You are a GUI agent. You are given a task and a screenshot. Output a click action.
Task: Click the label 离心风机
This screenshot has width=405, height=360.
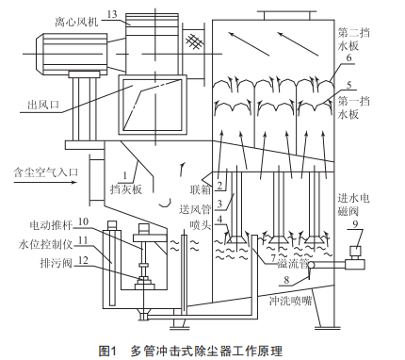pyautogui.click(x=76, y=22)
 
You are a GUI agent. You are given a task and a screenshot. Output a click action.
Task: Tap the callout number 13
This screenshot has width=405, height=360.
pyautogui.click(x=112, y=14)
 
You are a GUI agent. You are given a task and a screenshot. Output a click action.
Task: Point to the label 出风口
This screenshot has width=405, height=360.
pyautogui.click(x=43, y=105)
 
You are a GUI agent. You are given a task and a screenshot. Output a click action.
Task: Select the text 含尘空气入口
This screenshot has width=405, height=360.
pyautogui.click(x=45, y=172)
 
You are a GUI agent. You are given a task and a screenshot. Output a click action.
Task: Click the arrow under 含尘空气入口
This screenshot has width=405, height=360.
pyautogui.click(x=45, y=182)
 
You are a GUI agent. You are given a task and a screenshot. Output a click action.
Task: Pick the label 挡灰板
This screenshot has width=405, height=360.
pyautogui.click(x=126, y=189)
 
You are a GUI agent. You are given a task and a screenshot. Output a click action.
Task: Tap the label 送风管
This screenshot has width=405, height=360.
pyautogui.click(x=195, y=209)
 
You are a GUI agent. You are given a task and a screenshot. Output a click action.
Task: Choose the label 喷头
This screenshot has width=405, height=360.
pyautogui.click(x=200, y=225)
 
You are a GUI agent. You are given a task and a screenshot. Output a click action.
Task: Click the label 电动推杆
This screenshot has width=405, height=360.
pyautogui.click(x=51, y=225)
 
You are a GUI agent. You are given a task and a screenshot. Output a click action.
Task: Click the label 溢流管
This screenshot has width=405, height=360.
pyautogui.click(x=293, y=264)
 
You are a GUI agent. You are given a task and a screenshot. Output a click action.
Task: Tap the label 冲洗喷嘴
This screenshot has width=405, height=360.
pyautogui.click(x=290, y=302)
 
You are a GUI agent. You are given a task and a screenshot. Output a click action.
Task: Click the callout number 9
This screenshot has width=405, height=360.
pyautogui.click(x=355, y=224)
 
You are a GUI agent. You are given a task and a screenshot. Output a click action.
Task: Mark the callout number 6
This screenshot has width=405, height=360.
pyautogui.click(x=348, y=57)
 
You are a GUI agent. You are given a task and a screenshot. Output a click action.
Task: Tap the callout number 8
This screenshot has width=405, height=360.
pyautogui.click(x=286, y=280)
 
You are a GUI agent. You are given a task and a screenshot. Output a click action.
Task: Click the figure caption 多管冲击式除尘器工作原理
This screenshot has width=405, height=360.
pyautogui.click(x=206, y=351)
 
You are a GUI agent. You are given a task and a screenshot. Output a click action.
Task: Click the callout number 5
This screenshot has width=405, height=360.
pyautogui.click(x=348, y=85)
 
